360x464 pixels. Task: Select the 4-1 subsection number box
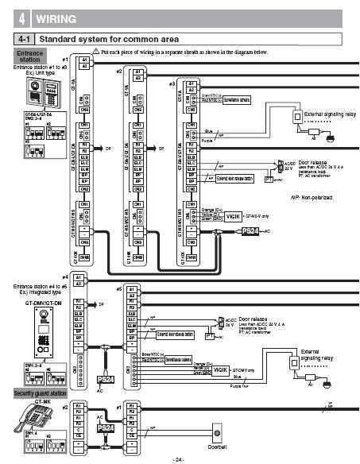click(x=24, y=38)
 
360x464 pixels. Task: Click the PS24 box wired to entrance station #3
click(x=250, y=230)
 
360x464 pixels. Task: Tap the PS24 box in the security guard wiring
click(x=104, y=427)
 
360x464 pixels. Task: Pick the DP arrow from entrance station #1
click(x=108, y=148)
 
